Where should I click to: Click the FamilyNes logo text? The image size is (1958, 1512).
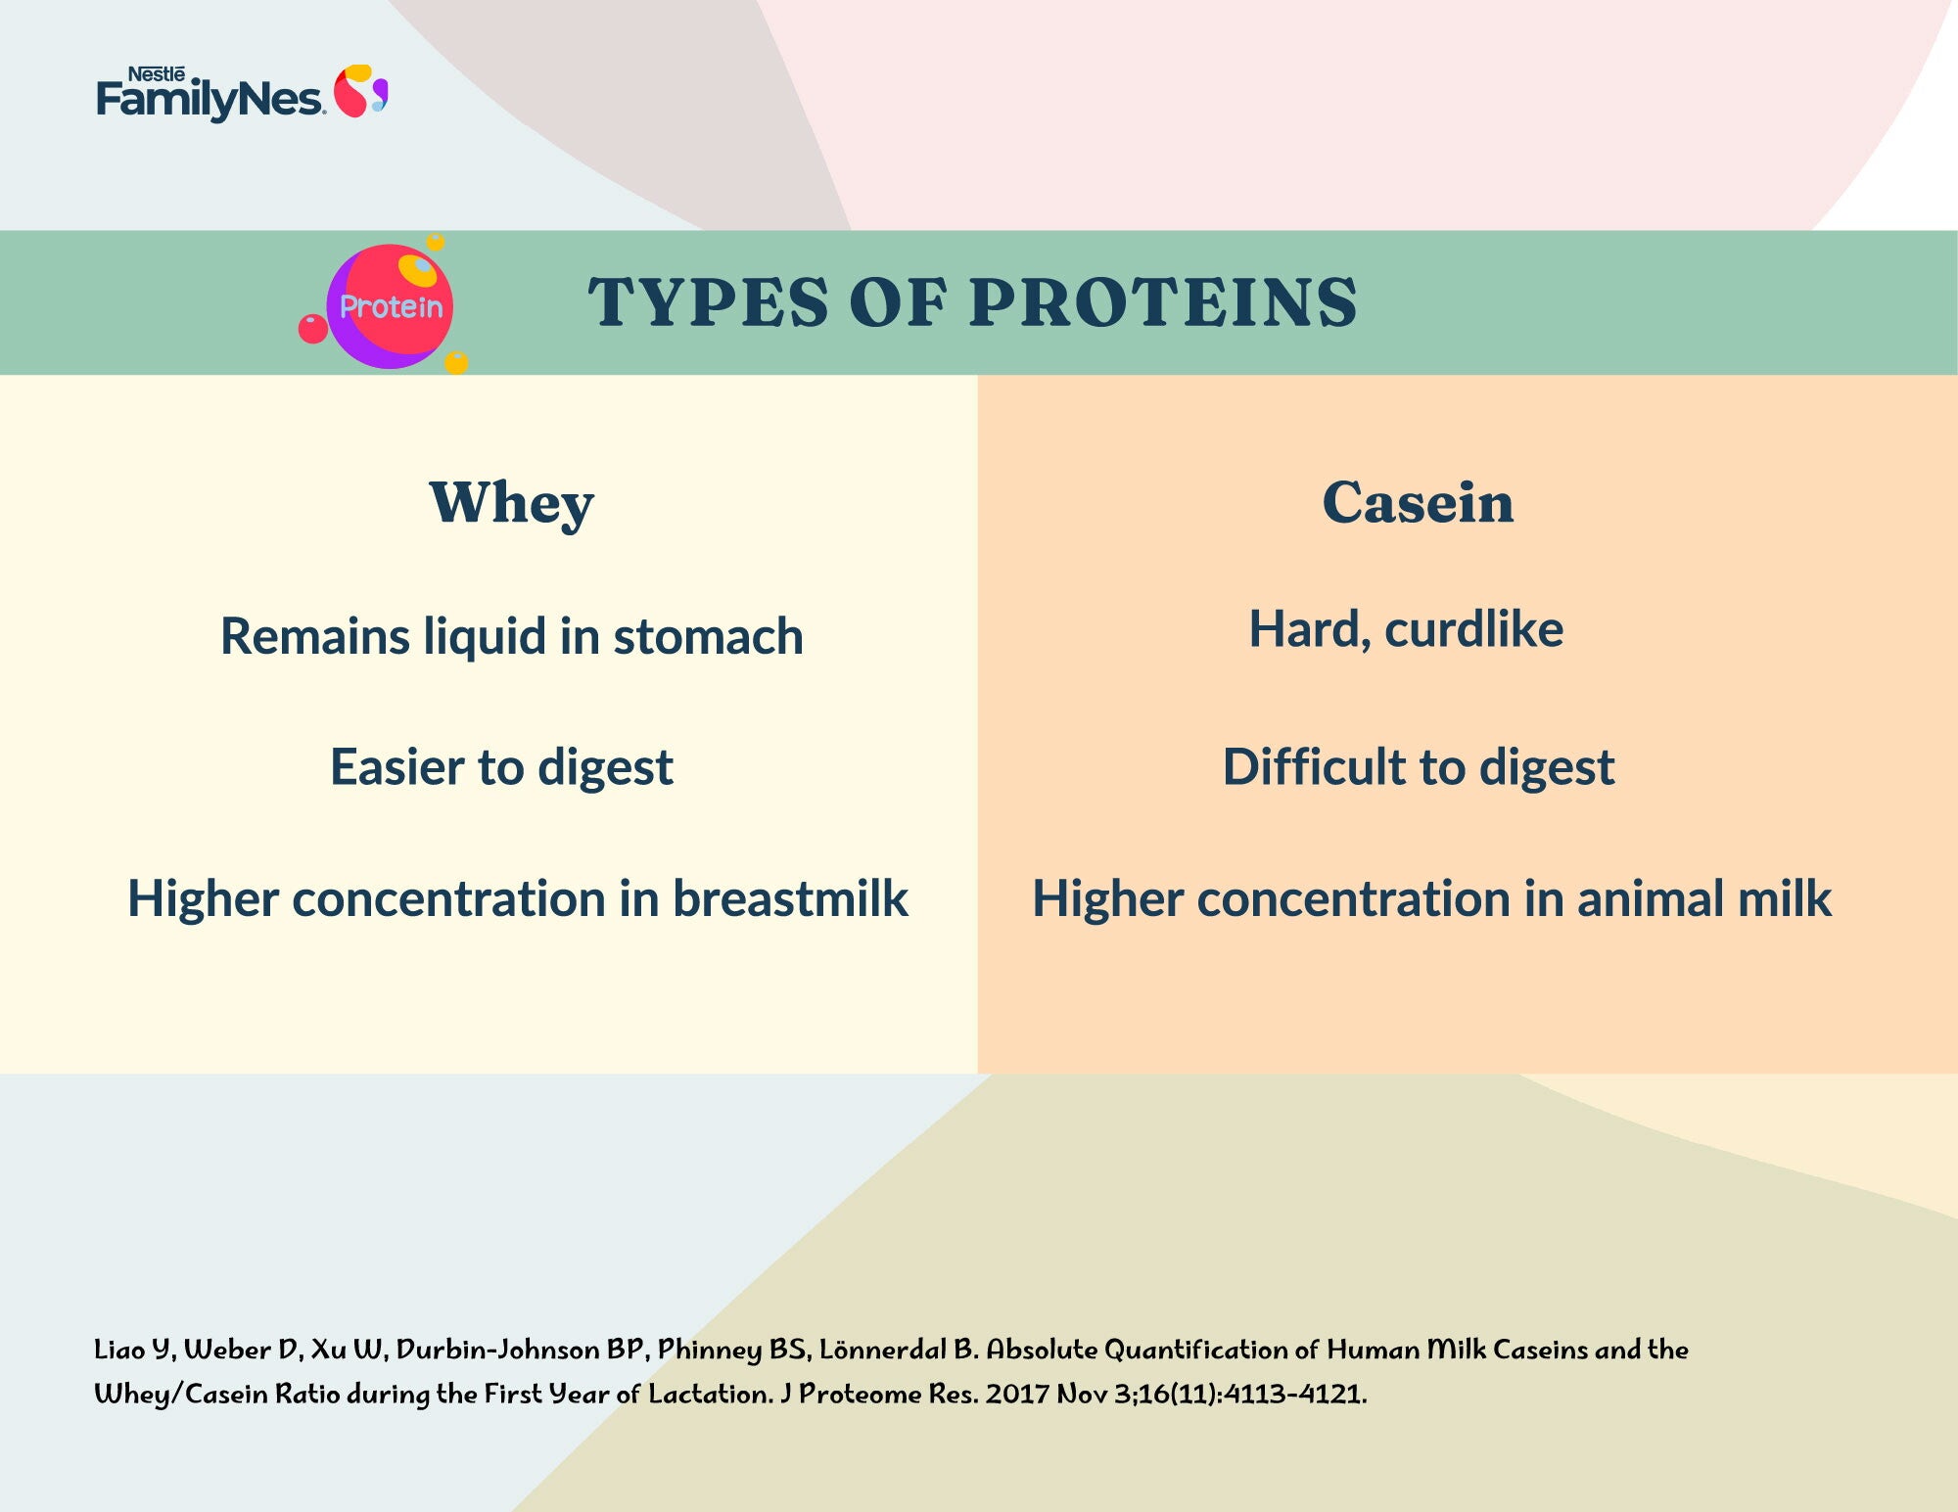tap(210, 100)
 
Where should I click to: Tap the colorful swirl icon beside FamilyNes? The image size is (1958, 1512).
tap(361, 91)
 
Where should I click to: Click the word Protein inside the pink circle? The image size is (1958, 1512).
tap(391, 307)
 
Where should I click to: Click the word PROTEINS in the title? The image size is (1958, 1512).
tap(1164, 301)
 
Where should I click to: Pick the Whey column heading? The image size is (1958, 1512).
tap(512, 505)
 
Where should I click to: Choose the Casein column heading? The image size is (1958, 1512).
tap(1418, 503)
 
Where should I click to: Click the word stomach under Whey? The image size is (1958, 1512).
tap(709, 637)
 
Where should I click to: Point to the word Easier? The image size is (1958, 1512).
tap(397, 767)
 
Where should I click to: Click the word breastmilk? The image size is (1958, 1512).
tap(790, 898)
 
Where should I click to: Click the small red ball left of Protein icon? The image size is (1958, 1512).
tap(312, 329)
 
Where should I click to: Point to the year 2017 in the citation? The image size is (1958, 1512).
tap(1018, 1394)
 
